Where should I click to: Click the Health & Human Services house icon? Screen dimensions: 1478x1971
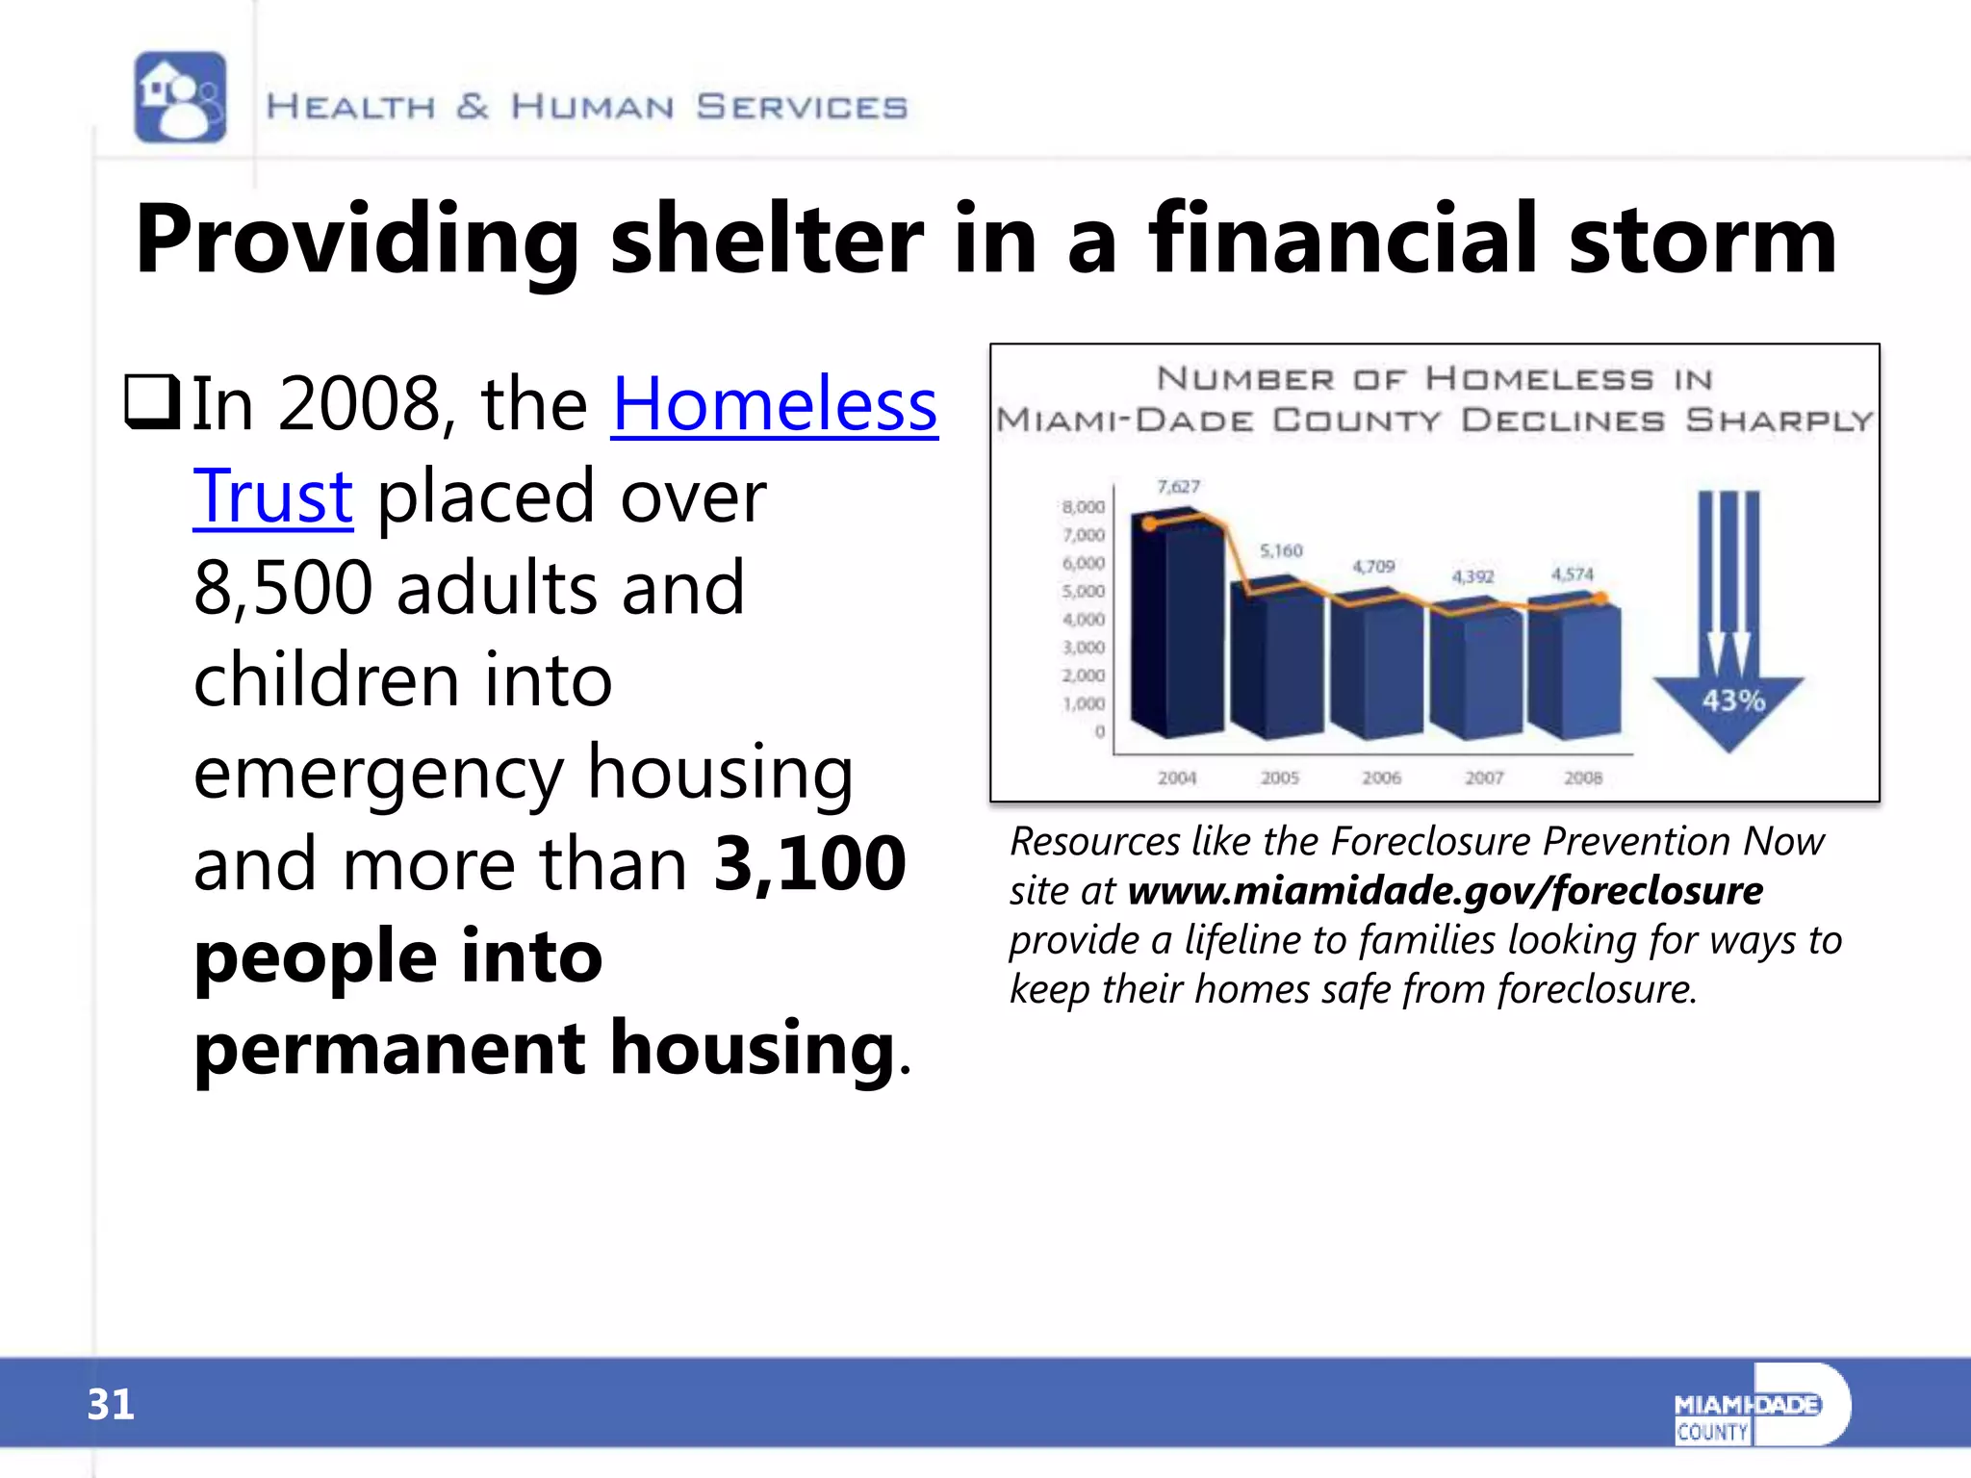pos(180,97)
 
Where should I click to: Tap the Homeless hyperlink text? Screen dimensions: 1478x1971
pos(774,404)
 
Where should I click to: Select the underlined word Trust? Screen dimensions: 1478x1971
pos(272,497)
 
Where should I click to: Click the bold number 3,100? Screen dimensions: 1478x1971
pos(809,862)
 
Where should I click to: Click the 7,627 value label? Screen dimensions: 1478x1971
pos(1178,487)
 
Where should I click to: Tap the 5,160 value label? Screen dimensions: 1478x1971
pos(1281,550)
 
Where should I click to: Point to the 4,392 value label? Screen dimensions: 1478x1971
pos(1472,576)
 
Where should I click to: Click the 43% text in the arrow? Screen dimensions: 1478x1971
pos(1732,701)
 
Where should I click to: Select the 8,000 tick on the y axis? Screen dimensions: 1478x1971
pos(1084,506)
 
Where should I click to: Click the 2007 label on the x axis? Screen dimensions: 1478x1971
pos(1483,777)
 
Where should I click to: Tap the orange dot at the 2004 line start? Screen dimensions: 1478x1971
pos(1149,523)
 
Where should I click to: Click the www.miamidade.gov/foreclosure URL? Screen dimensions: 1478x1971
pos(1445,891)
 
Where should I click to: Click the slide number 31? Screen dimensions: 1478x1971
pos(111,1405)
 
